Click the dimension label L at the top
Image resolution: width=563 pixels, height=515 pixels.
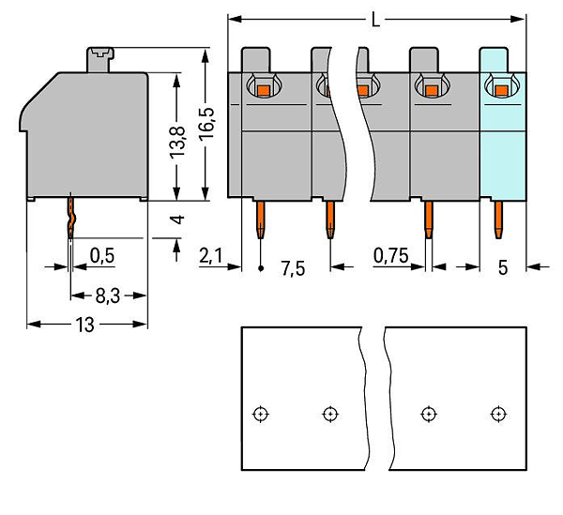[375, 20]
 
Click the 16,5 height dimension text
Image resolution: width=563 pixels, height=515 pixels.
[206, 123]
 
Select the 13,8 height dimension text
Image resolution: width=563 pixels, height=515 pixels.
[177, 143]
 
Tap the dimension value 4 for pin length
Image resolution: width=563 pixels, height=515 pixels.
[178, 219]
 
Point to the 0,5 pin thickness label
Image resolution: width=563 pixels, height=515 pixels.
[102, 256]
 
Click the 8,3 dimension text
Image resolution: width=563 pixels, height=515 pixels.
[108, 296]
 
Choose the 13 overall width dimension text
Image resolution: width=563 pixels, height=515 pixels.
[85, 325]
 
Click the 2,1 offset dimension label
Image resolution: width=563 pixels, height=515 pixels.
[210, 257]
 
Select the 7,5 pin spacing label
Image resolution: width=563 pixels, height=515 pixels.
[293, 268]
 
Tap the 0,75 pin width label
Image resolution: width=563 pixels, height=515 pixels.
[390, 256]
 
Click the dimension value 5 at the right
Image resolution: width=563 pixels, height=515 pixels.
[503, 267]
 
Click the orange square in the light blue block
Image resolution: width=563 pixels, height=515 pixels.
[502, 90]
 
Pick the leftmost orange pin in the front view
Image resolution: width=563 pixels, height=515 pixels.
[261, 220]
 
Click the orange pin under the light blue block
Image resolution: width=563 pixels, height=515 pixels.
[498, 220]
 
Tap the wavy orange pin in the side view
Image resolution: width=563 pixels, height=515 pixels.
[70, 216]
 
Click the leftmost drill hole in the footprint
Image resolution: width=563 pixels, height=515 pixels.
[261, 414]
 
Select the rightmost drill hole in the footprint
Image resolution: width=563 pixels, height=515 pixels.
[498, 414]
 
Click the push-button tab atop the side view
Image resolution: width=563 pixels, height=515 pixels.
[100, 60]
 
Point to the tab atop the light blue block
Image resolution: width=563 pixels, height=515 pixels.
[494, 60]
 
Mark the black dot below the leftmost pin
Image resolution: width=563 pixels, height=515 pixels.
[261, 268]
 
